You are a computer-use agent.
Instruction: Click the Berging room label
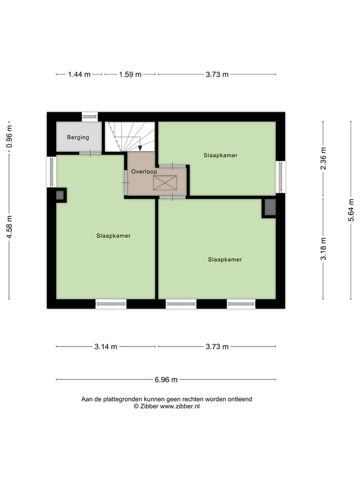78,137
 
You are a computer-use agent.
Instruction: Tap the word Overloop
144,171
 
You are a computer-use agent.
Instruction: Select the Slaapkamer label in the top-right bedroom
220,155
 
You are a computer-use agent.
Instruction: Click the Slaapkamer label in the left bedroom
113,235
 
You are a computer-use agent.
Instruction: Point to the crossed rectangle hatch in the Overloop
165,183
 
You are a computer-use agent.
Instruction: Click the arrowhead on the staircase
140,147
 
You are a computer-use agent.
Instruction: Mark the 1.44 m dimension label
79,74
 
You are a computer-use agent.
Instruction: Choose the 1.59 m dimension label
130,74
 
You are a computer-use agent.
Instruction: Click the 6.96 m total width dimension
166,379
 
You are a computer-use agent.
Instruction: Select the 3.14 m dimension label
106,346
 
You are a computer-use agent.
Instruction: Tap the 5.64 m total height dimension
351,210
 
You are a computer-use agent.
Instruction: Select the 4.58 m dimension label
9,227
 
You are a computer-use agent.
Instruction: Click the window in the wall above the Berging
90,116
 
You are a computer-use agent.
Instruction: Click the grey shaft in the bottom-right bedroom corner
269,207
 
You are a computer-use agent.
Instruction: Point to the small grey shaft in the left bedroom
60,195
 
